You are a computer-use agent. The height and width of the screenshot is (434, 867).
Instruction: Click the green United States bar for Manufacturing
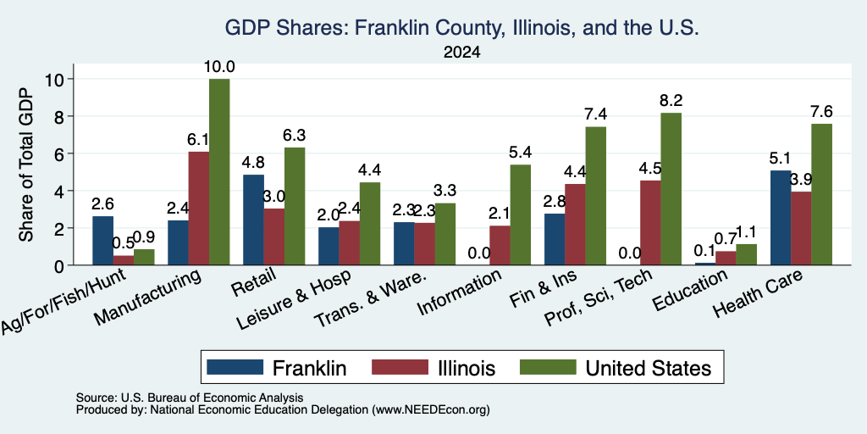(219, 171)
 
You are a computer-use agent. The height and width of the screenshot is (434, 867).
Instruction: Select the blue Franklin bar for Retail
(253, 220)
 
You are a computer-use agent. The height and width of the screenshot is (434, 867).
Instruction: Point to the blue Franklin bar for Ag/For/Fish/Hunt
(102, 240)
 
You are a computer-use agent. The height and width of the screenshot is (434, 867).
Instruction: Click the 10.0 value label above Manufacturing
(219, 67)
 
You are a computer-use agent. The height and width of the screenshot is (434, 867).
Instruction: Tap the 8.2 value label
(671, 100)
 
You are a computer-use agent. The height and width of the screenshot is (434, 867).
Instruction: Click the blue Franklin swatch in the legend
(235, 367)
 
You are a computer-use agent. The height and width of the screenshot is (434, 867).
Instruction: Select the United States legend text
(648, 368)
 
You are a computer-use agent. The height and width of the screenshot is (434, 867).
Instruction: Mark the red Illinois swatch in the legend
(400, 367)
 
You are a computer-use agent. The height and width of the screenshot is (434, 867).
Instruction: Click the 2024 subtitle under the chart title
(461, 53)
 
